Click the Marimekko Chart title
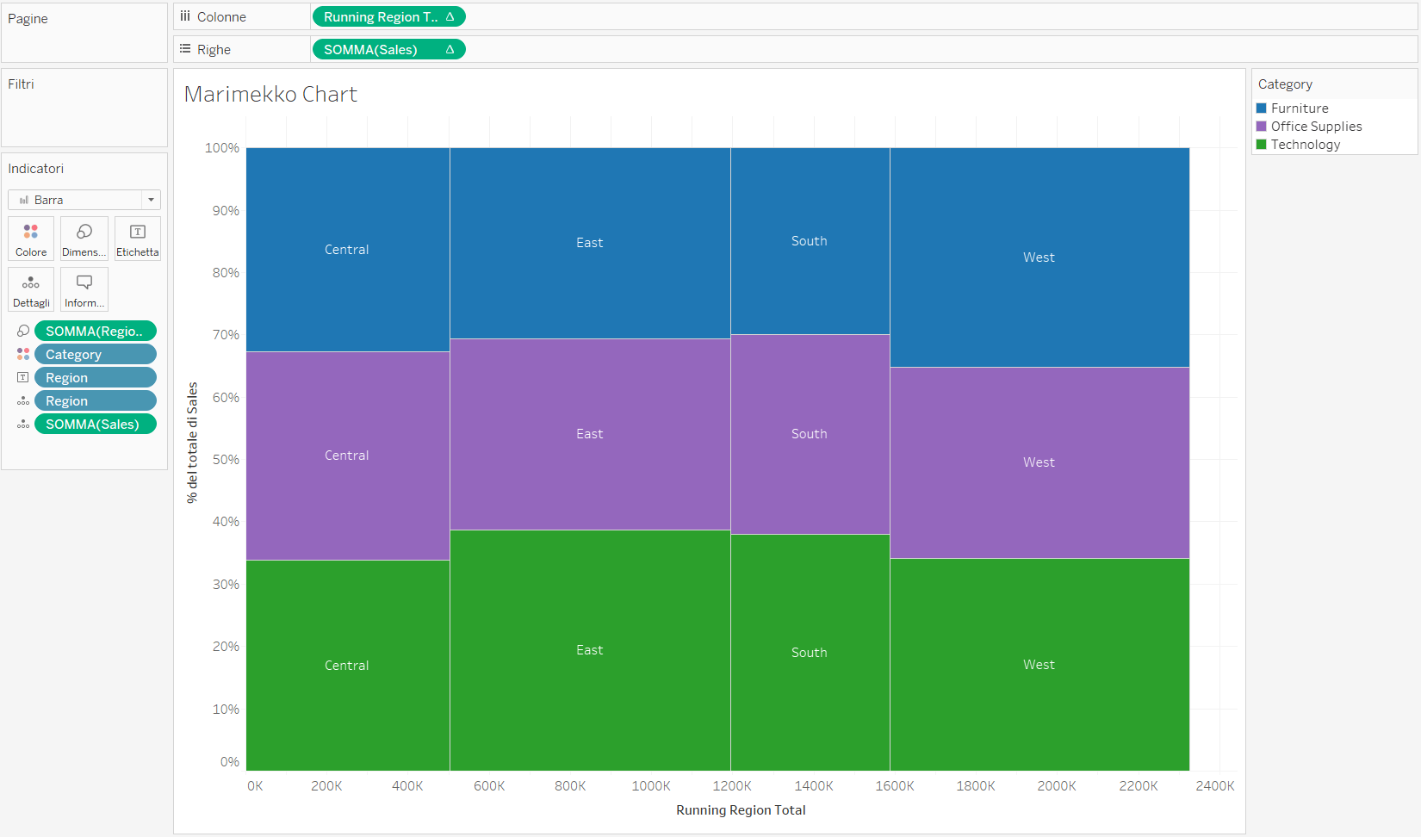(x=270, y=94)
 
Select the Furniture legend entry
(x=1299, y=108)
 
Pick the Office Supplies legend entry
(x=1315, y=127)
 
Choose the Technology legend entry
(x=1305, y=145)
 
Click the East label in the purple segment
(x=589, y=434)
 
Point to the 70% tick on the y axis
(x=226, y=335)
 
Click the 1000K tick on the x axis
(x=651, y=786)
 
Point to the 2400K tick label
(x=1214, y=786)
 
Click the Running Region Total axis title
(x=741, y=810)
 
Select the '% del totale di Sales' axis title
(x=192, y=443)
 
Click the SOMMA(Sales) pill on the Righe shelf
(x=388, y=50)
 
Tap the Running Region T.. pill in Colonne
(x=388, y=17)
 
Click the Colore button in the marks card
(x=31, y=239)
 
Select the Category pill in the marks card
(x=95, y=355)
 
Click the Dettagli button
(x=31, y=290)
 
